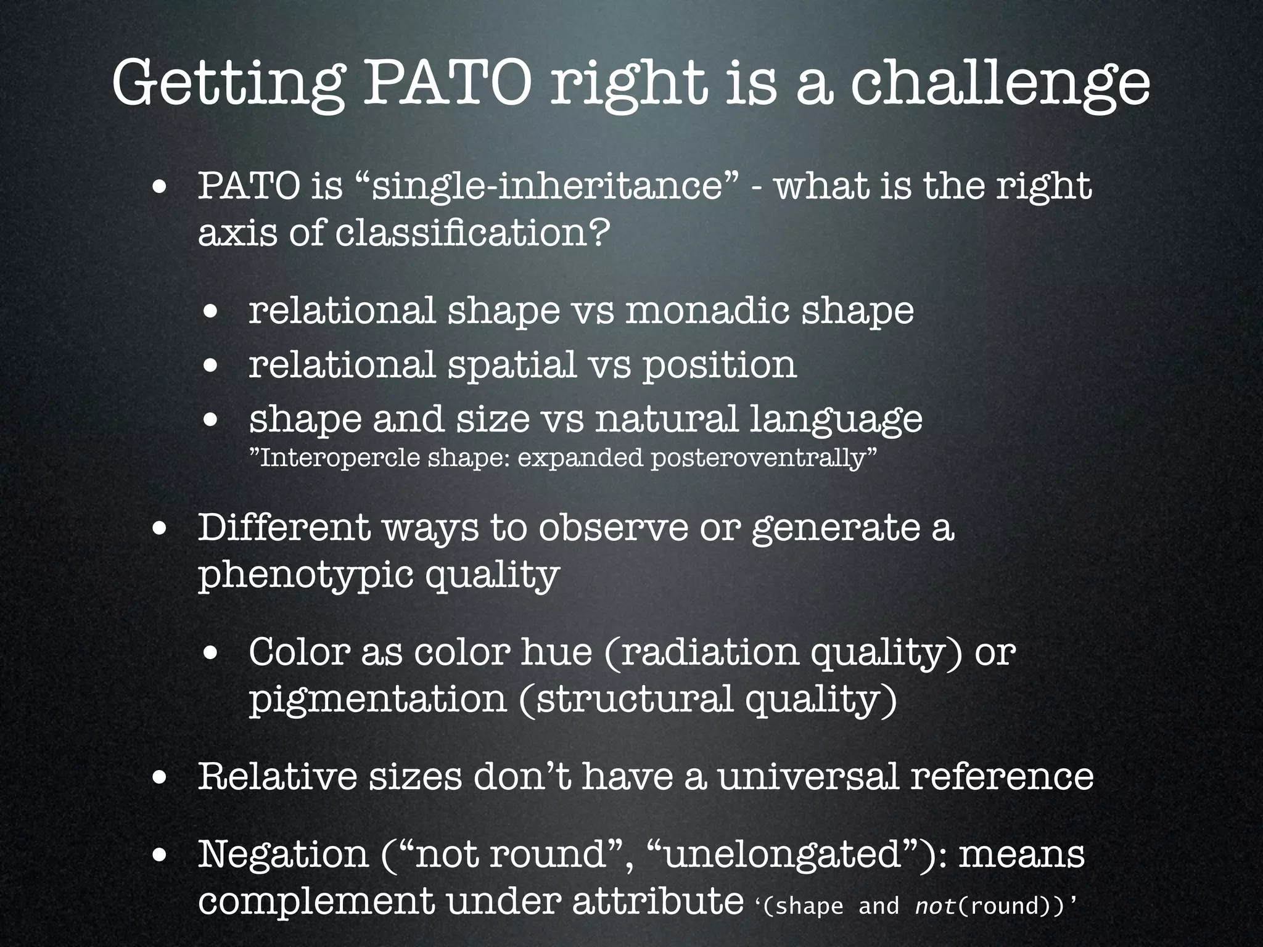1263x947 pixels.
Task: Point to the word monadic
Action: pyautogui.click(x=707, y=310)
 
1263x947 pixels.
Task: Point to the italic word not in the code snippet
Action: pyautogui.click(x=934, y=905)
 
